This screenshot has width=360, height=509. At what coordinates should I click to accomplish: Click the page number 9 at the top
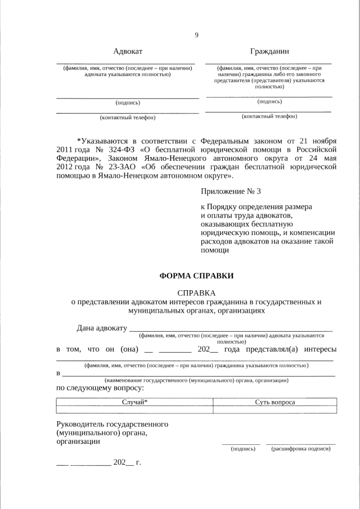196,35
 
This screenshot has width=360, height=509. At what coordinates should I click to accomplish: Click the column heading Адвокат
128,52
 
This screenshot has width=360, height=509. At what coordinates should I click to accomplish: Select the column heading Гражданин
268,52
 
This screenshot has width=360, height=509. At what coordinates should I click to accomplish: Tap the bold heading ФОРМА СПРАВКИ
196,276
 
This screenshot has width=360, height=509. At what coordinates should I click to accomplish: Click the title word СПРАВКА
196,293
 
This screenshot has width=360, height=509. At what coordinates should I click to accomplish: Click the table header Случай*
135,402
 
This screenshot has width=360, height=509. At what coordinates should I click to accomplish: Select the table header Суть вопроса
275,402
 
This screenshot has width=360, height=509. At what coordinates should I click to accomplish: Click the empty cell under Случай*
135,409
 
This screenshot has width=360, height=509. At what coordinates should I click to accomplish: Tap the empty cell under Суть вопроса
275,409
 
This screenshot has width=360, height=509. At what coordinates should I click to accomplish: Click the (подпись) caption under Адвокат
128,103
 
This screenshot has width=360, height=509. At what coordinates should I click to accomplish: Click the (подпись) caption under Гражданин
269,101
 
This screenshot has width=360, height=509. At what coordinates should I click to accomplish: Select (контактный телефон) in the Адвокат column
128,118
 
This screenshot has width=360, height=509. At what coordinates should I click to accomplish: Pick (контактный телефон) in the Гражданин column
269,116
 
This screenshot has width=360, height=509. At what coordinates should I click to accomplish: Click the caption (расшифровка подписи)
300,449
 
